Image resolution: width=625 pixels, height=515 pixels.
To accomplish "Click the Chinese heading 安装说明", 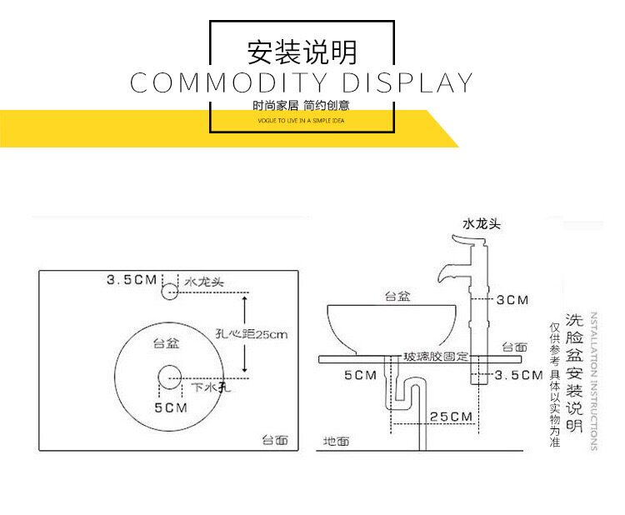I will (x=302, y=52).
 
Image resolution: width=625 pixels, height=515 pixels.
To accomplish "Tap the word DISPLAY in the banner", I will (x=408, y=83).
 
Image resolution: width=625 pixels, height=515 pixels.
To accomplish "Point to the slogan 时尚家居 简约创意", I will (x=302, y=106).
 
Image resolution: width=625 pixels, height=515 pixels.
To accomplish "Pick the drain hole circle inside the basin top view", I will (x=170, y=377).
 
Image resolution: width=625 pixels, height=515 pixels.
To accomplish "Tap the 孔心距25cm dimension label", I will (x=252, y=335).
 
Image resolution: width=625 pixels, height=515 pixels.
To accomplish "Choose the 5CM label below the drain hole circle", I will (x=170, y=407).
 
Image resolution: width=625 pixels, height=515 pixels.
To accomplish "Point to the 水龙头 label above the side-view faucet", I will (x=482, y=223).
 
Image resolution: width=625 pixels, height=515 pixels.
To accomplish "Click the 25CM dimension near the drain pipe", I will (x=451, y=416).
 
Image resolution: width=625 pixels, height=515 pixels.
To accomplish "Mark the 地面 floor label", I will (x=336, y=441).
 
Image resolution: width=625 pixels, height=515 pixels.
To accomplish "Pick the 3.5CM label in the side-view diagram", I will (x=518, y=375).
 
